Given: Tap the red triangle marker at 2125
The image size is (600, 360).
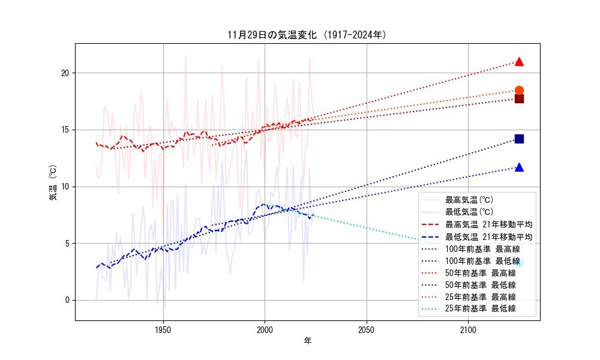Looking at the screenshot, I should (519, 62).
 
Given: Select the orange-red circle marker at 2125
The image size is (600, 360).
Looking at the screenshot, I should (519, 91).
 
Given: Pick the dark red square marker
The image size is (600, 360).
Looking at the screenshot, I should (519, 98).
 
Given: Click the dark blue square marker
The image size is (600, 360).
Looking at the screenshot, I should (519, 139).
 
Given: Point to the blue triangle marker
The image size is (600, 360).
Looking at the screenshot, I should (519, 167).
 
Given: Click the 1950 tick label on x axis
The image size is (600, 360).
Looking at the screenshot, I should (163, 329).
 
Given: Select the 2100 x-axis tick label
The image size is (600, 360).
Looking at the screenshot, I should (468, 329).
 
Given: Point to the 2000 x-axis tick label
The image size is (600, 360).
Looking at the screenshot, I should (265, 329).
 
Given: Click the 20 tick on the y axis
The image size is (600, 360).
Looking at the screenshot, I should (66, 73).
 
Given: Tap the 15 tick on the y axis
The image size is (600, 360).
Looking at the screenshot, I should (66, 130).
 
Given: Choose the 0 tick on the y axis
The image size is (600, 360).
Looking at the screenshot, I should (68, 300).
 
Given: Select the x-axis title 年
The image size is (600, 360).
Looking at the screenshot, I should (307, 341).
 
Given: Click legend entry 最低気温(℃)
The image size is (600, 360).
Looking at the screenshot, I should (469, 211).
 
